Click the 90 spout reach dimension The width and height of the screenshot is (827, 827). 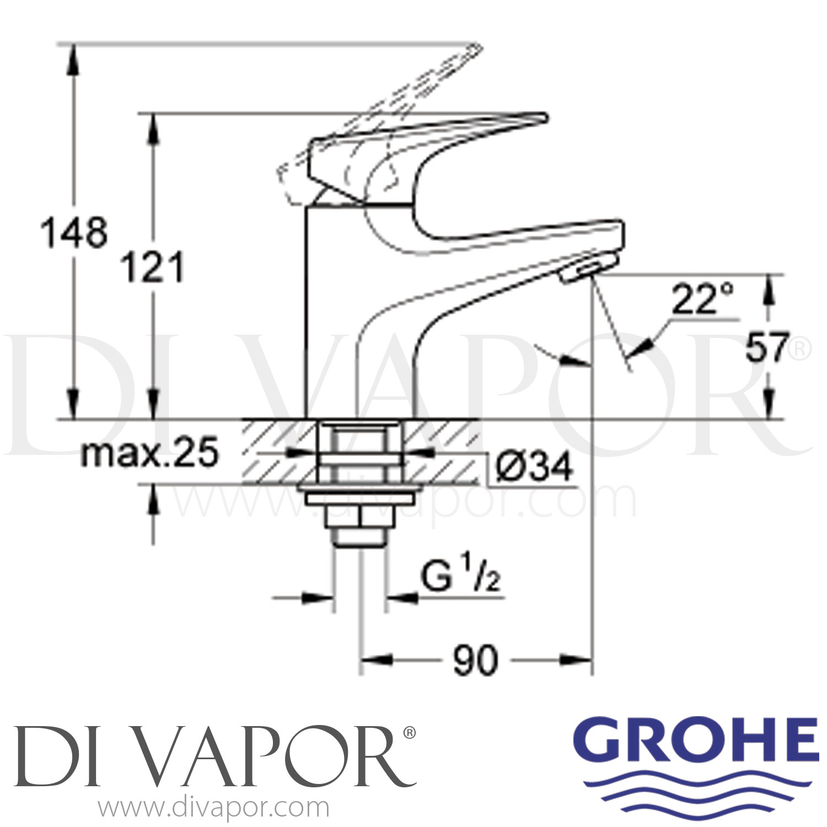click(x=475, y=660)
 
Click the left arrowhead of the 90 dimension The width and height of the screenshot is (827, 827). click(x=372, y=659)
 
